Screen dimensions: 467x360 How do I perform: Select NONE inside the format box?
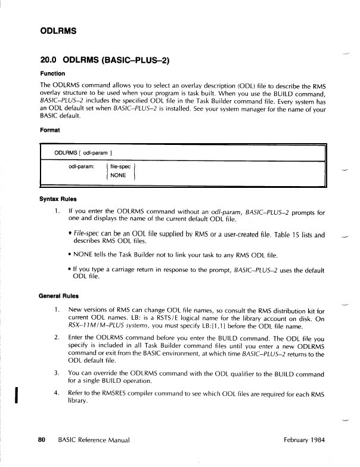pos(117,175)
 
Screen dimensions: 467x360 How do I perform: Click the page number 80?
pos(42,440)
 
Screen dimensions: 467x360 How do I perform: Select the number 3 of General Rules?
pos(55,373)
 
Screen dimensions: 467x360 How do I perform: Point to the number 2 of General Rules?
pos(55,337)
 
